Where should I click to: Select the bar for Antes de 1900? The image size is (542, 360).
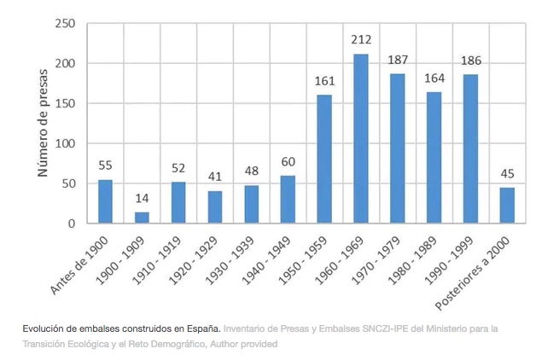click(105, 202)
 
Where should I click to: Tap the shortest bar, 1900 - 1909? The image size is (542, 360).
click(142, 218)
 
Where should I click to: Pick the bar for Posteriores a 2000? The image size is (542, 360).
click(507, 206)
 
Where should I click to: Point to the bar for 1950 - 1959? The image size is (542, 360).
click(324, 160)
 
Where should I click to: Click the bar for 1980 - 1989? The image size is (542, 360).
click(434, 158)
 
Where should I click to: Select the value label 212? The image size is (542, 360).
click(361, 40)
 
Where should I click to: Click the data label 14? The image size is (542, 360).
click(142, 199)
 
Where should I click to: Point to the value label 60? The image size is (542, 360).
click(288, 162)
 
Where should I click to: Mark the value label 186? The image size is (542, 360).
click(471, 61)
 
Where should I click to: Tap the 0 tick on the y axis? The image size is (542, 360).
click(71, 224)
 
